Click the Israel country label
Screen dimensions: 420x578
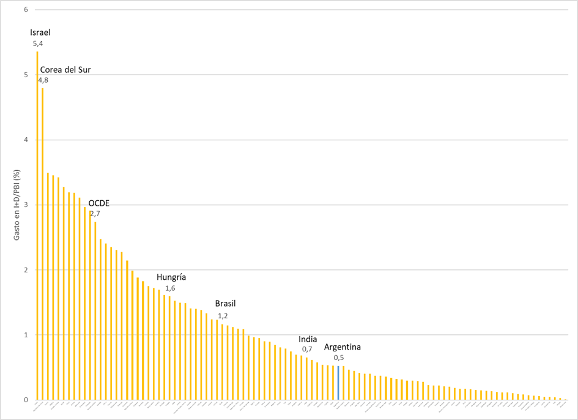40,32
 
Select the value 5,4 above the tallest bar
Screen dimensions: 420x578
38,44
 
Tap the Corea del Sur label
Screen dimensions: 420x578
65,70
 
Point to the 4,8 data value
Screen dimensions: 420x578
43,80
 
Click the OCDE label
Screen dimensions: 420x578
99,203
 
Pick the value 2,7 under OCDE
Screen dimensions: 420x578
95,214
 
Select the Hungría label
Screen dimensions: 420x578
171,277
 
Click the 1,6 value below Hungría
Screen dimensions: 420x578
171,288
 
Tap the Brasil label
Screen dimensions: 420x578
225,304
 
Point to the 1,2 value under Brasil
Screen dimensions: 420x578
223,315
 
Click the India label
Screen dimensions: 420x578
308,339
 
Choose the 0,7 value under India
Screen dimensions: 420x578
307,349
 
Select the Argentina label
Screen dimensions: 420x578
343,347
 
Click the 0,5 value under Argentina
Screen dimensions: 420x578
339,358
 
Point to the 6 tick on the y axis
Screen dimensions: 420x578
25,10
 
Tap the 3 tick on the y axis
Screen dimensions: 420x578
25,204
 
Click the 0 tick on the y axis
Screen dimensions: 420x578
25,400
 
